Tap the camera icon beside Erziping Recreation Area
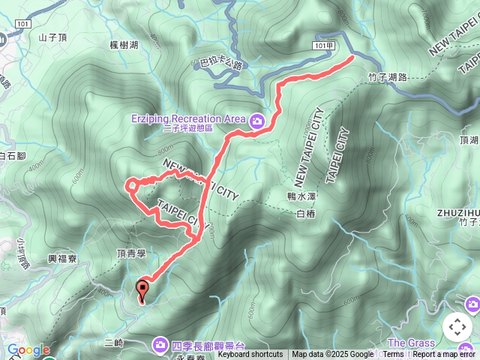coord(257,120)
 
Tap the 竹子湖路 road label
coord(388,76)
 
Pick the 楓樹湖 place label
coord(123,46)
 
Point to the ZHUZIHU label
coord(458,212)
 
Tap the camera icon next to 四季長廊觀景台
coord(160,344)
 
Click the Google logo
coord(28,350)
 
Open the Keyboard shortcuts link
coord(250,355)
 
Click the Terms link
coord(393,355)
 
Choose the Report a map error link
coord(445,355)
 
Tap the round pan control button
coord(457,327)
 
